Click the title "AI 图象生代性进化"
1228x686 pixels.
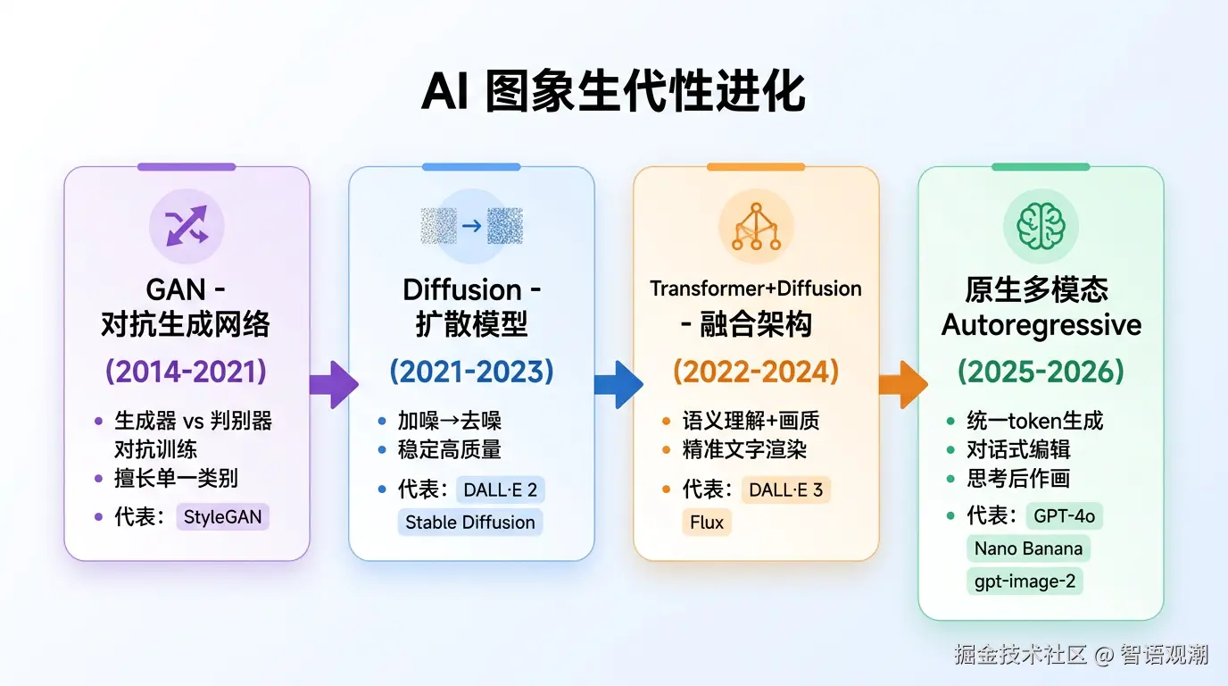click(613, 92)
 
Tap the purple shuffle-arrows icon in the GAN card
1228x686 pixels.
click(187, 226)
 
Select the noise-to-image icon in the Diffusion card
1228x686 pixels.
click(471, 226)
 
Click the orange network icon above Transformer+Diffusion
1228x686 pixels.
click(756, 226)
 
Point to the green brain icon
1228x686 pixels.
click(1041, 226)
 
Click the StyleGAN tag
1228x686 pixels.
click(223, 517)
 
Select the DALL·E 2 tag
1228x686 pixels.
click(500, 489)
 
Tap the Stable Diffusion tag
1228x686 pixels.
click(470, 523)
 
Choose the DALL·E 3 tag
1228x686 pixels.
click(785, 489)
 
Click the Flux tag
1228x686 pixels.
click(707, 523)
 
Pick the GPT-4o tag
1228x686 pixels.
click(1065, 516)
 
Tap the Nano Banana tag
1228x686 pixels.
click(1028, 548)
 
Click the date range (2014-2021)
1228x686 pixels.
click(187, 371)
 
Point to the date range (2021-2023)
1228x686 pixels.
click(471, 371)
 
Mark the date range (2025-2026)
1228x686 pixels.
click(1041, 371)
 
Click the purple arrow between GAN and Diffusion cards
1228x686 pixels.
click(332, 385)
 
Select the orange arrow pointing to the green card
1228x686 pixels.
click(901, 385)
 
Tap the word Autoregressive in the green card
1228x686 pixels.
click(1041, 325)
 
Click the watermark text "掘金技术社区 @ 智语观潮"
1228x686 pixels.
click(1081, 655)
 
